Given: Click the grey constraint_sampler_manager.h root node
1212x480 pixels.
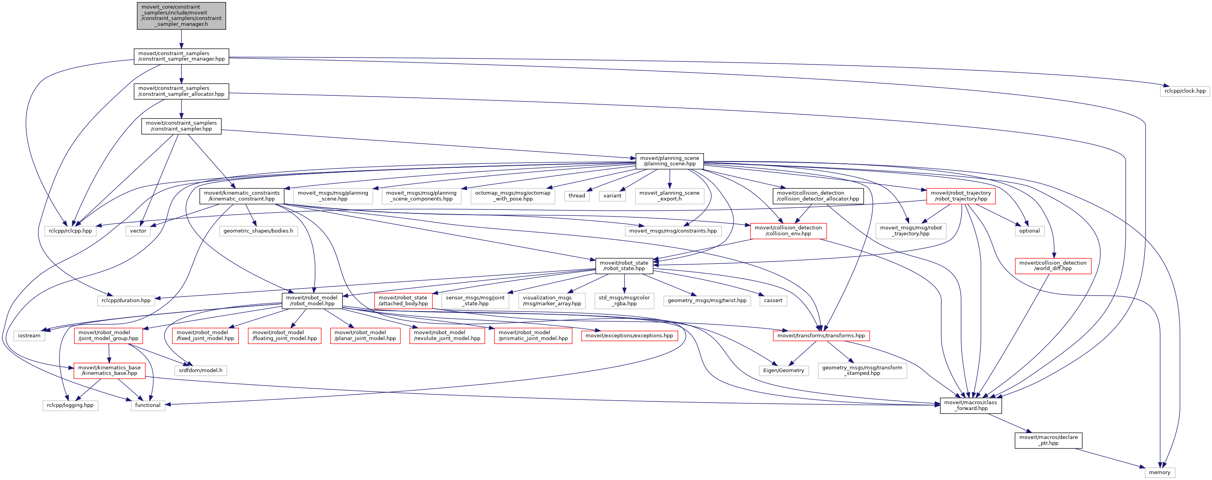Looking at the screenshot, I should pos(181,16).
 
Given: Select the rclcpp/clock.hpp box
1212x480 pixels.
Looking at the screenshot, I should pos(1185,91).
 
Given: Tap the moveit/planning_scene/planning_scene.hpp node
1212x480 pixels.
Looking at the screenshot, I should pos(669,161).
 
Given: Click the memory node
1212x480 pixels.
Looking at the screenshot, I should pos(1159,473).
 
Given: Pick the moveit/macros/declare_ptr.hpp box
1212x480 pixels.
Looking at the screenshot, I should pos(1048,440).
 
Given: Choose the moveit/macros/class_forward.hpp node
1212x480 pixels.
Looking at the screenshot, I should pos(970,405).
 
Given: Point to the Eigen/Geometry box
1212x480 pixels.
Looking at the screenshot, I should pos(783,370).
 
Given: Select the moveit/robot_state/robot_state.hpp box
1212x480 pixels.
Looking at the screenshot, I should pos(624,266).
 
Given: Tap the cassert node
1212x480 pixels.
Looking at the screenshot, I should pos(773,300).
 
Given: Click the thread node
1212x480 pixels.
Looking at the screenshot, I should pos(576,196).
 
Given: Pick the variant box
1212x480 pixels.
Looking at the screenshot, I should pos(612,196).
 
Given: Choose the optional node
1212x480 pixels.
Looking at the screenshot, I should pos(1029,231).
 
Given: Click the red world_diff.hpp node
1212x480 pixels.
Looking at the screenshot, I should pos(1053,266).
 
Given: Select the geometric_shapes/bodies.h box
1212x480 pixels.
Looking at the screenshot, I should pos(258,231).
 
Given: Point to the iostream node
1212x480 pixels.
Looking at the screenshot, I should pos(29,335).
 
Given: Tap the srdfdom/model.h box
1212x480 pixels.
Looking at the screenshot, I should pos(201,370).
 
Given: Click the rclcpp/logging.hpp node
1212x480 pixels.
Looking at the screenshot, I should pos(70,405).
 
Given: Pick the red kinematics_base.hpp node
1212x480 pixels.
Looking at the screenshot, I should pos(109,370).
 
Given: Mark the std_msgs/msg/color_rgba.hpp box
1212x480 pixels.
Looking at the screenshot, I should pos(624,300).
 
